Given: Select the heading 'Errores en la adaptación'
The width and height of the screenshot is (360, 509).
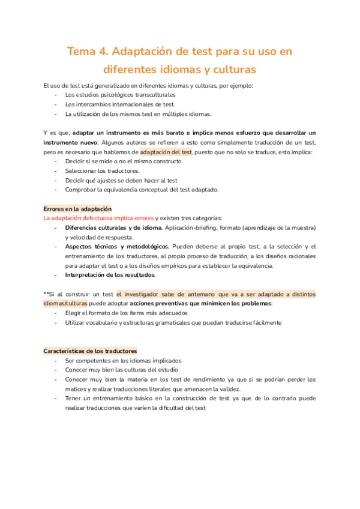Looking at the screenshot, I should (x=77, y=208).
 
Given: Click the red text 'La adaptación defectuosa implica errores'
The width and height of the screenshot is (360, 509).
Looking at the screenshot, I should (x=99, y=218).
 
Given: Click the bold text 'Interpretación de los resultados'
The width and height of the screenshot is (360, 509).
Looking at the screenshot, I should (x=110, y=275).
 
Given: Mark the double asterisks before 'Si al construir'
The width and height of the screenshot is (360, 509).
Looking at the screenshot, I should (x=46, y=294).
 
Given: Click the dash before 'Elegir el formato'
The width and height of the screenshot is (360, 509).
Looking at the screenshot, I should (x=56, y=313).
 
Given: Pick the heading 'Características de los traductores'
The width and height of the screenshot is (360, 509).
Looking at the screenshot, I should (x=90, y=351).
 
